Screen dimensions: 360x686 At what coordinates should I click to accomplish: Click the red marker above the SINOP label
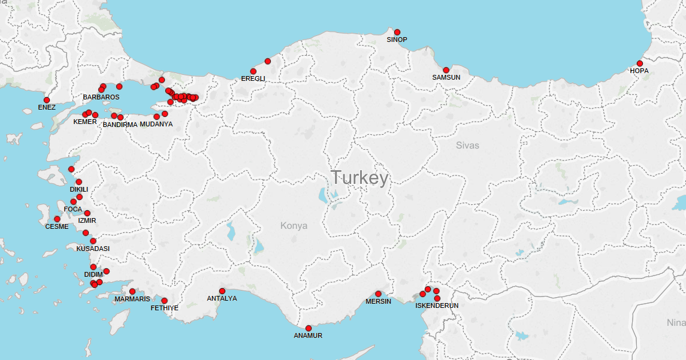(397, 32)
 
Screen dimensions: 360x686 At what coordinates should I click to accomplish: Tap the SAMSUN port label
(446, 77)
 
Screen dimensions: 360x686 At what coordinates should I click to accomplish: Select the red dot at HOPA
(639, 63)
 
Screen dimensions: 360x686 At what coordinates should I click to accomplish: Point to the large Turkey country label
(359, 178)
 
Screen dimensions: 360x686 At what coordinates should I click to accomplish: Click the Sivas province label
(467, 145)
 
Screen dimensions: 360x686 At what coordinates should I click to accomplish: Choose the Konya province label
(294, 226)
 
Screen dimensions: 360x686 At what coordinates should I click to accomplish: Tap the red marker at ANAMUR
(309, 328)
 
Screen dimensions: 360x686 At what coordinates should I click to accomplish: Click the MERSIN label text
(378, 301)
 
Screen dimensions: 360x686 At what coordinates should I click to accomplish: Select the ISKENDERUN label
(437, 305)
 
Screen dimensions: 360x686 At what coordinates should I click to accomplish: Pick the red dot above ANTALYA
(222, 291)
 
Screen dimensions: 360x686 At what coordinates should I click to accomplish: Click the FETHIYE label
(165, 308)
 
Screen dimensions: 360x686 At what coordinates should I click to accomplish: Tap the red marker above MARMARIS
(132, 292)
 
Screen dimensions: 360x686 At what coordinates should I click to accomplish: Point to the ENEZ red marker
(47, 100)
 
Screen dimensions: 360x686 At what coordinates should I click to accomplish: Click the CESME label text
(57, 226)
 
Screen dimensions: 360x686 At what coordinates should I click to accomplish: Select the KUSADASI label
(93, 249)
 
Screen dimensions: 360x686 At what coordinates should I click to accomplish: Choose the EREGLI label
(253, 78)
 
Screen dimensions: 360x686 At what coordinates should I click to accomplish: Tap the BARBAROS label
(101, 97)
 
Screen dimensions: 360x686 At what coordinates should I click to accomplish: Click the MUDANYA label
(156, 124)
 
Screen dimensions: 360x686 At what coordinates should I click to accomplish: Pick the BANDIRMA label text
(120, 125)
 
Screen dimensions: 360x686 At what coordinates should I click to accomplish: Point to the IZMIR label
(87, 220)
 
